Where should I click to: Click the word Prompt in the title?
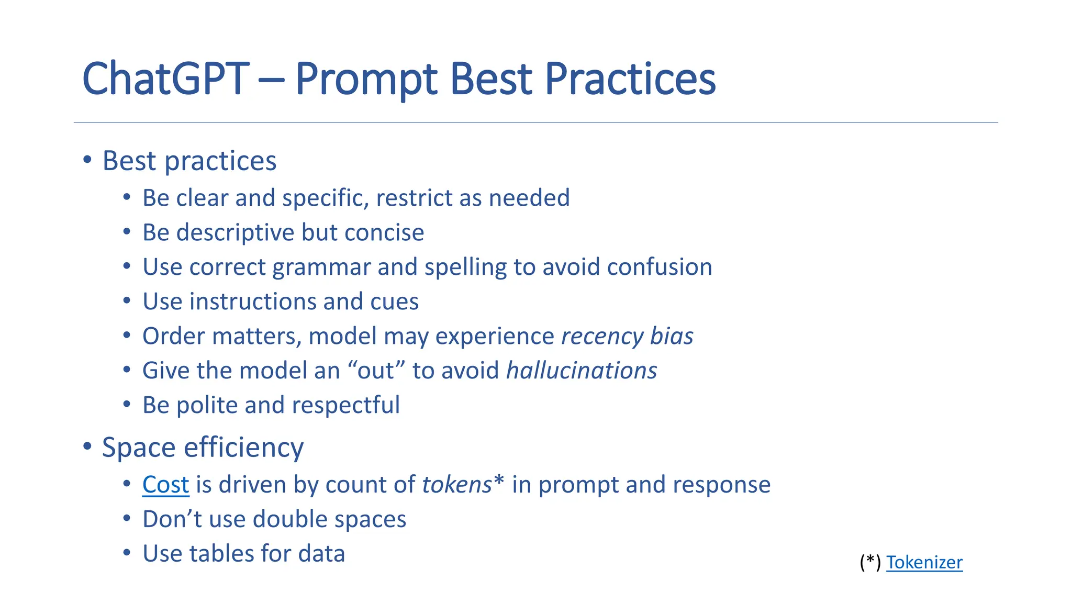(366, 79)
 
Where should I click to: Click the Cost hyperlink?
(165, 485)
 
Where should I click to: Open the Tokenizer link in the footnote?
(924, 562)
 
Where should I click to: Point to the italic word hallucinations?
(582, 371)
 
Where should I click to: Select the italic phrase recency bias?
(627, 336)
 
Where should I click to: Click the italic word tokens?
(456, 485)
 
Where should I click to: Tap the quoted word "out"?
(376, 371)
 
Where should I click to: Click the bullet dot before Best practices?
(87, 159)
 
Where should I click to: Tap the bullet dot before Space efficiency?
(87, 446)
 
